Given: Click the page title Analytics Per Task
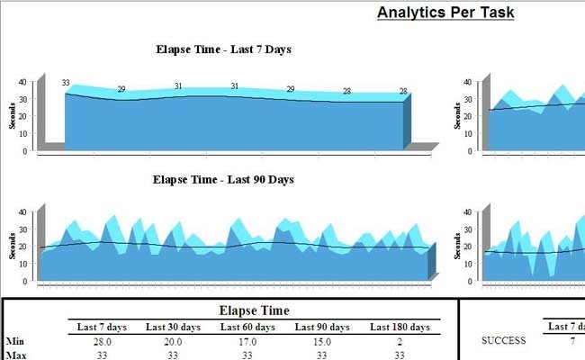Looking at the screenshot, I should click(445, 13).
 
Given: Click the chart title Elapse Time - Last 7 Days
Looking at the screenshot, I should click(223, 49).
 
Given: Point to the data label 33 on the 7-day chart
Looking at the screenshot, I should click(66, 83).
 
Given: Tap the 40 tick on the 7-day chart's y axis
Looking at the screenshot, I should click(22, 82).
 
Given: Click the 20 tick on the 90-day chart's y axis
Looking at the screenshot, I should click(22, 247).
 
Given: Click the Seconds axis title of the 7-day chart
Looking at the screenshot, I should click(13, 115).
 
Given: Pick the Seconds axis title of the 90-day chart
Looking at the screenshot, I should click(13, 247).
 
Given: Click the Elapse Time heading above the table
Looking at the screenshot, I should click(255, 310).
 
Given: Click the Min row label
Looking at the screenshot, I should click(14, 341).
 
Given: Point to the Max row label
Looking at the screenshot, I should click(15, 355).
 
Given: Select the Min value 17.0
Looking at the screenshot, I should click(247, 341).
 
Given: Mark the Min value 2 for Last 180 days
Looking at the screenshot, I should click(400, 341).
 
